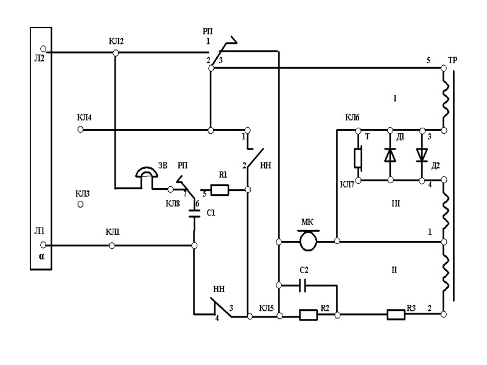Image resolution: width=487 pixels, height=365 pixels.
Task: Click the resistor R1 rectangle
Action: point(219,190)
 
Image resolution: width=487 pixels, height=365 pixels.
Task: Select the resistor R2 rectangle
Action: point(309,315)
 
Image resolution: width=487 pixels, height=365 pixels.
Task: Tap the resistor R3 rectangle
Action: point(396,315)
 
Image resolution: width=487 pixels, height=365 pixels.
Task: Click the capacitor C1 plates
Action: point(195,214)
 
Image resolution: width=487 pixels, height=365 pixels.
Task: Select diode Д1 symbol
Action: point(390,155)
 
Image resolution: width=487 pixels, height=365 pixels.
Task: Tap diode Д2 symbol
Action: point(422,155)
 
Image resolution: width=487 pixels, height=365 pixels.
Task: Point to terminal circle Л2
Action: point(43,48)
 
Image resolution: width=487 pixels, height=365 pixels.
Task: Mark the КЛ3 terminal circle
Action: point(80,206)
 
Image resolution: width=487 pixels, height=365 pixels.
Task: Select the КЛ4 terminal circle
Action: point(80,130)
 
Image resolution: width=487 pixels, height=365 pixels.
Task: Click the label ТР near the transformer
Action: point(452,61)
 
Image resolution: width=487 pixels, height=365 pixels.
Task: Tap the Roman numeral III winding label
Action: point(394,204)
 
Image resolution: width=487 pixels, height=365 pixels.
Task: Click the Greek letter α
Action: point(41,256)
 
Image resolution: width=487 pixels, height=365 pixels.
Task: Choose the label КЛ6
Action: point(352,117)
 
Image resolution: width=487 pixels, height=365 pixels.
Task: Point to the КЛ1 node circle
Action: point(111,245)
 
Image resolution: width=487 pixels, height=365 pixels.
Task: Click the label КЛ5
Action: point(266,307)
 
